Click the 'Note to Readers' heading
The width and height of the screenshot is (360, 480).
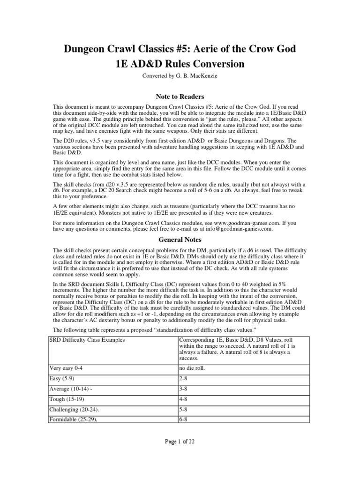pyautogui.click(x=180, y=97)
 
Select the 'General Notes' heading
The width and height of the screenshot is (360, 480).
pyautogui.click(x=180, y=240)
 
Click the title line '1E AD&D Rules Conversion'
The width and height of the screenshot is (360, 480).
pyautogui.click(x=180, y=64)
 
